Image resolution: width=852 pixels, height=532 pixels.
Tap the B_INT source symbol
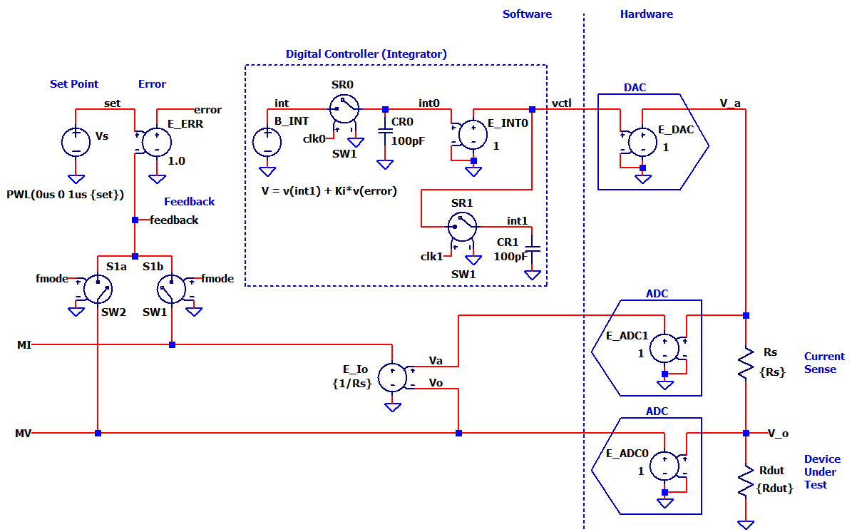[267, 141]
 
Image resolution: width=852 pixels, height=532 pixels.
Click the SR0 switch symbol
[344, 110]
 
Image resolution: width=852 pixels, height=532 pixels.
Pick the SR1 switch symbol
[462, 227]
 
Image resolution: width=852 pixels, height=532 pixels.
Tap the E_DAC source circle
[643, 141]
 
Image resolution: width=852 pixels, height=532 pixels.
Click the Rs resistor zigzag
[746, 362]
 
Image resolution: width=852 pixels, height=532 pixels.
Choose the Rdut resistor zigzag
[746, 480]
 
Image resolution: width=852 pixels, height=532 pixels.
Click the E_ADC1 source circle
[664, 347]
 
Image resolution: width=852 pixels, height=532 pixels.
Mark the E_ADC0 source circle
[664, 464]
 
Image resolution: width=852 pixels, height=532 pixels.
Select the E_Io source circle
[393, 377]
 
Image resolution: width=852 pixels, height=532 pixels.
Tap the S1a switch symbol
[96, 289]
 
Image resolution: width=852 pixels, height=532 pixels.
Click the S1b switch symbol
[171, 289]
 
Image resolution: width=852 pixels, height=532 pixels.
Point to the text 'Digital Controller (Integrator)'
[366, 54]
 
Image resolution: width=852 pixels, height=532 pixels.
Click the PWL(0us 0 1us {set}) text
[66, 194]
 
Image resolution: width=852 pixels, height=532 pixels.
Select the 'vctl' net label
[562, 103]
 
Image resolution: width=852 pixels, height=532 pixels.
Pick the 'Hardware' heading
[646, 14]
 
